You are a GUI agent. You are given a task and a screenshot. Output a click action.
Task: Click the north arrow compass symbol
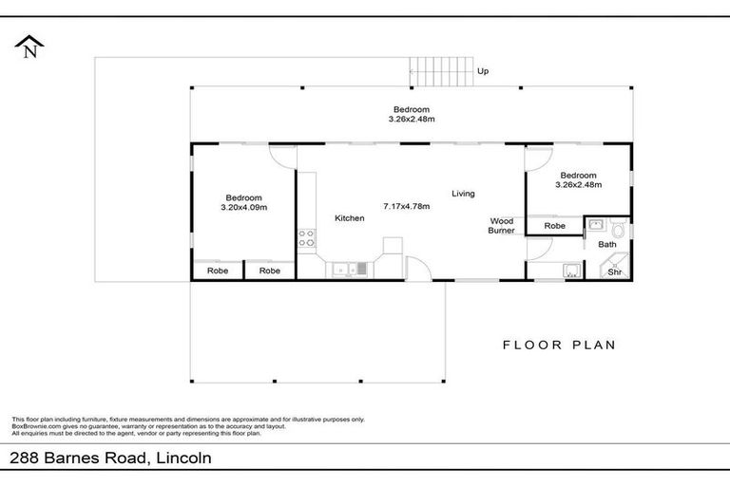coord(29,46)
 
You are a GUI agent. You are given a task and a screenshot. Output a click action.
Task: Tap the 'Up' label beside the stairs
coord(483,71)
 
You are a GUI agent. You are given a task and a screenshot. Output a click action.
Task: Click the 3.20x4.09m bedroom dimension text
coord(243,207)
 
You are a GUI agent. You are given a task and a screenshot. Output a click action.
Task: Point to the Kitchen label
coord(349,218)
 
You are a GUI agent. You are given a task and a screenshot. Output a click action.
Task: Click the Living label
coord(463,194)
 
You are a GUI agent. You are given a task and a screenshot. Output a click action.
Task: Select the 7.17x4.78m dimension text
coord(406,206)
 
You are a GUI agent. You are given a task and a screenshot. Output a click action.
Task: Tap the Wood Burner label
coord(501,224)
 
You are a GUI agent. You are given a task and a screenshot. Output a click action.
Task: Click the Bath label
coord(606,245)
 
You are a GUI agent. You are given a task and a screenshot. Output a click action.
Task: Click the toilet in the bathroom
coord(619,229)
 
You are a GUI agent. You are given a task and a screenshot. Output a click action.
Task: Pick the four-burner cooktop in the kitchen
coord(307,237)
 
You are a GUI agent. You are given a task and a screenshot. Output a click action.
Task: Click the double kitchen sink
coord(347,270)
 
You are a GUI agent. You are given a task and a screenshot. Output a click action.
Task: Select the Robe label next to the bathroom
coord(554,226)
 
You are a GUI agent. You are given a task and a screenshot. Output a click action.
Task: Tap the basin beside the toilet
coord(596,226)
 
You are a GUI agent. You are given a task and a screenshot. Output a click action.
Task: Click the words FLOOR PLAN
coord(559,345)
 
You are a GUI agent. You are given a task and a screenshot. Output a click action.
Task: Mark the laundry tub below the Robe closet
coord(570,270)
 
